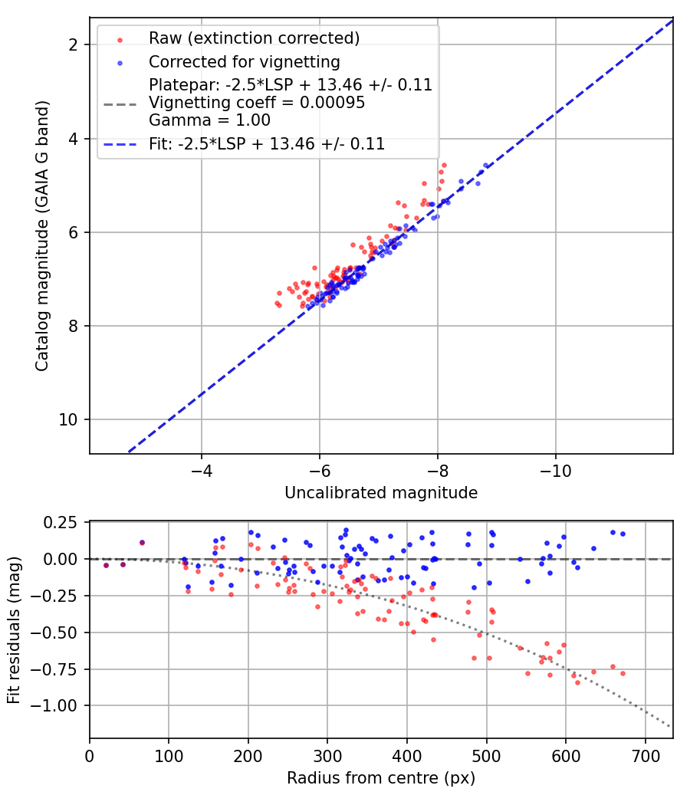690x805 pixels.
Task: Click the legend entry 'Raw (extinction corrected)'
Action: pyautogui.click(x=254, y=38)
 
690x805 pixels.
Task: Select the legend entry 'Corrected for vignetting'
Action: pyautogui.click(x=245, y=61)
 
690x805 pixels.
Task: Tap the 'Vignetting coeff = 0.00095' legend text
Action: pyautogui.click(x=257, y=102)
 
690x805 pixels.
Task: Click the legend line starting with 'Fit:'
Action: pyautogui.click(x=267, y=143)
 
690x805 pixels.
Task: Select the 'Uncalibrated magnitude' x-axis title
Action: pyautogui.click(x=381, y=493)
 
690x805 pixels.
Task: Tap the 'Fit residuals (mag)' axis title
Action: pyautogui.click(x=14, y=629)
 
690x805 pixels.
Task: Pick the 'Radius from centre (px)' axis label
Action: pyautogui.click(x=381, y=778)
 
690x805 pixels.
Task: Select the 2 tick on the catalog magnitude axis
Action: pyautogui.click(x=73, y=45)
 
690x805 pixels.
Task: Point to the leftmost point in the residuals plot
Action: pyautogui.click(x=106, y=565)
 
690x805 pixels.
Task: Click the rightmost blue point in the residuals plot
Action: pyautogui.click(x=623, y=534)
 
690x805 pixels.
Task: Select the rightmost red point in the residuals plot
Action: pyautogui.click(x=623, y=673)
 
